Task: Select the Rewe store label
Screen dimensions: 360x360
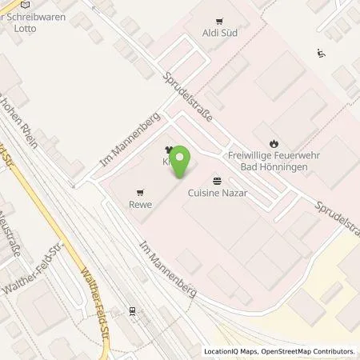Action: pos(141,203)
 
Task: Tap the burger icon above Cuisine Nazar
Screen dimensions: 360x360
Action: pos(216,180)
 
